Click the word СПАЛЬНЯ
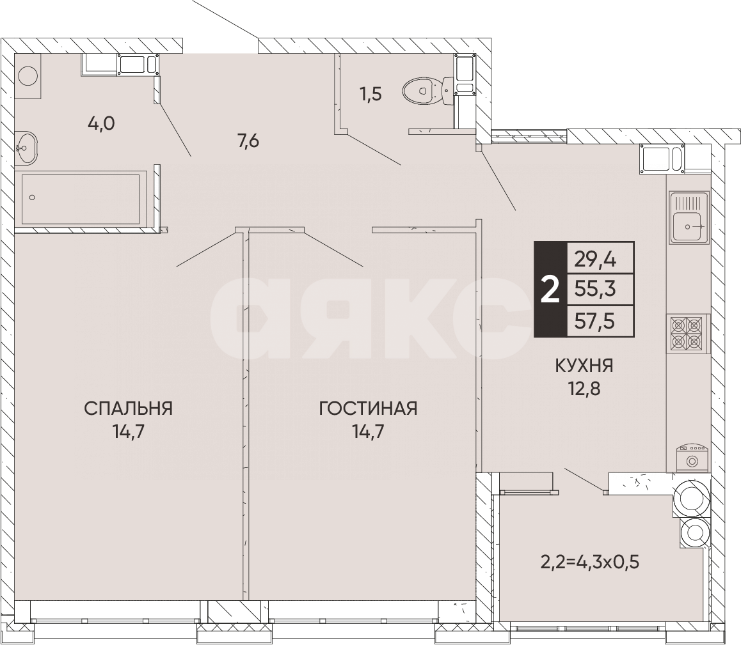(x=128, y=408)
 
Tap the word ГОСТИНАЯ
(x=368, y=408)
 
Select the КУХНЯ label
(x=584, y=366)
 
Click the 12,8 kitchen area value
(x=584, y=389)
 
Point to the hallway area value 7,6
(x=248, y=141)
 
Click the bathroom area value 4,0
(x=101, y=123)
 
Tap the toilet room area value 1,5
(x=370, y=95)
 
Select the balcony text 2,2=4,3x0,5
(x=590, y=563)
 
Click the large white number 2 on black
(x=550, y=290)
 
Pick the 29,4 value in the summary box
(x=594, y=258)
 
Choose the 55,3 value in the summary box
(x=594, y=290)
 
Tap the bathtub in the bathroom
(x=81, y=198)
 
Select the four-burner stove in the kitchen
(x=687, y=333)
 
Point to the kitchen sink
(x=689, y=218)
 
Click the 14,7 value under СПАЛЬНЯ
(x=128, y=431)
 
